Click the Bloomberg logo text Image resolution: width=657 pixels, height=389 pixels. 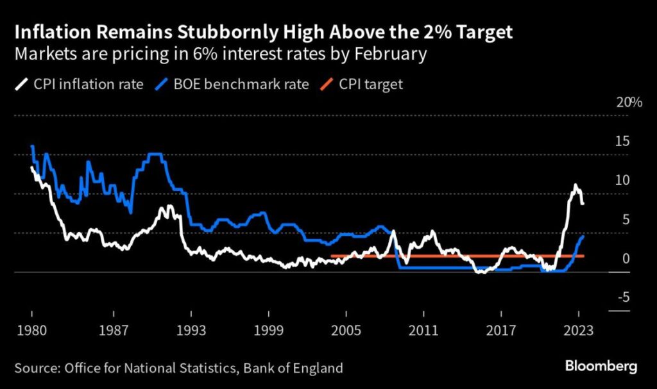point(601,367)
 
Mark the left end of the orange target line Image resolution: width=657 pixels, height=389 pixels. point(332,256)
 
